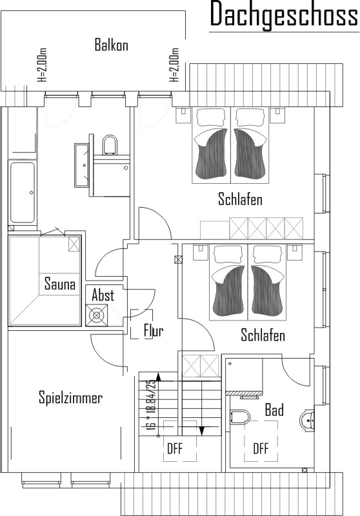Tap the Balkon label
point(111,45)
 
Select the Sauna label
point(60,284)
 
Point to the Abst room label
point(103,295)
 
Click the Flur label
point(154,330)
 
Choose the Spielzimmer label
point(71,397)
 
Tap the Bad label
point(274,410)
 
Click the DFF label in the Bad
point(261,448)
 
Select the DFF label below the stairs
point(175,448)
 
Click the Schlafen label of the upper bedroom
point(240,199)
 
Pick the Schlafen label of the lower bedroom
point(263,335)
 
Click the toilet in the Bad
point(241,416)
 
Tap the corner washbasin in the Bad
point(308,420)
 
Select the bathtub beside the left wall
point(23,192)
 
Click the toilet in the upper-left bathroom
point(110,144)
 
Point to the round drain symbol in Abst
point(96,315)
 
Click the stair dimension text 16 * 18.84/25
point(152,405)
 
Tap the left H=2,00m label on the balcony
point(43,65)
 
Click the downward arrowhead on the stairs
point(202,430)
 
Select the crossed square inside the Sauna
point(74,244)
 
